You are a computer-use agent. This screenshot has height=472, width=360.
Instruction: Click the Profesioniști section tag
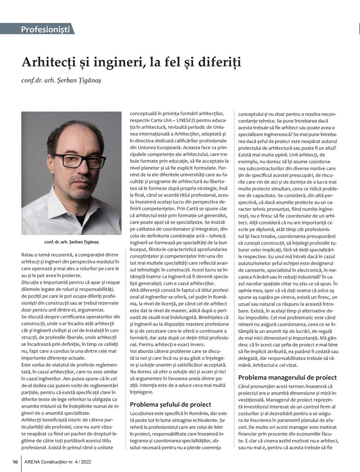click(x=45, y=30)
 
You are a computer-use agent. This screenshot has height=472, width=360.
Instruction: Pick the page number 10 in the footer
click(x=15, y=462)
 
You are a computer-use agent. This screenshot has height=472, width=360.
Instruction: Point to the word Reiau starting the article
click(x=30, y=255)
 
